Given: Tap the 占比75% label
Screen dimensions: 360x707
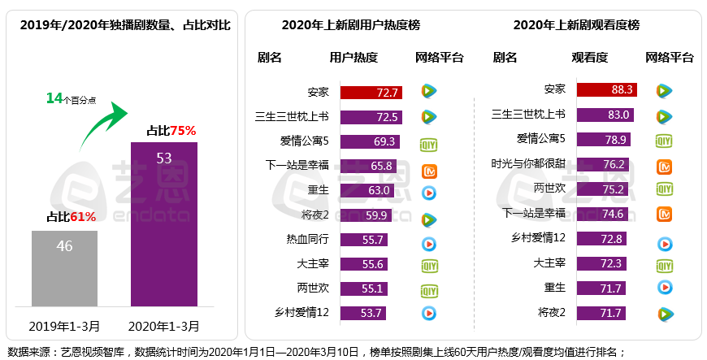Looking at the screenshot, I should click(171, 130).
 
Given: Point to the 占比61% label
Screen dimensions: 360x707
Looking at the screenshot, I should click(71, 217).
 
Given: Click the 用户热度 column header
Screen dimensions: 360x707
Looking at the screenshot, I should click(353, 58).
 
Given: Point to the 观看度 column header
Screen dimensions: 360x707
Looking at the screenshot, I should click(590, 58).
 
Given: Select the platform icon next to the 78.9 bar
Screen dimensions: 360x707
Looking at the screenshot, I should click(664, 141).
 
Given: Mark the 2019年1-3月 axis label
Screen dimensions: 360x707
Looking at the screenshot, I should click(65, 327).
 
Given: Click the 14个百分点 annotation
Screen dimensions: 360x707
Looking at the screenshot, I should click(71, 98).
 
